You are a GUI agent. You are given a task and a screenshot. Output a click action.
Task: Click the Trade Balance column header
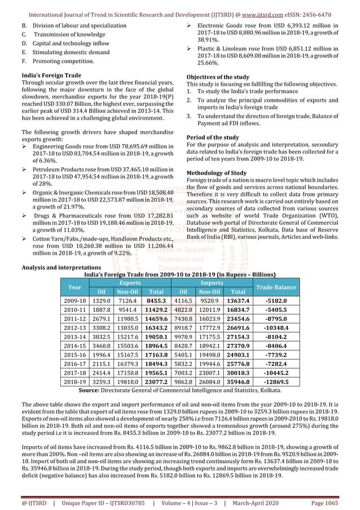276,287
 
